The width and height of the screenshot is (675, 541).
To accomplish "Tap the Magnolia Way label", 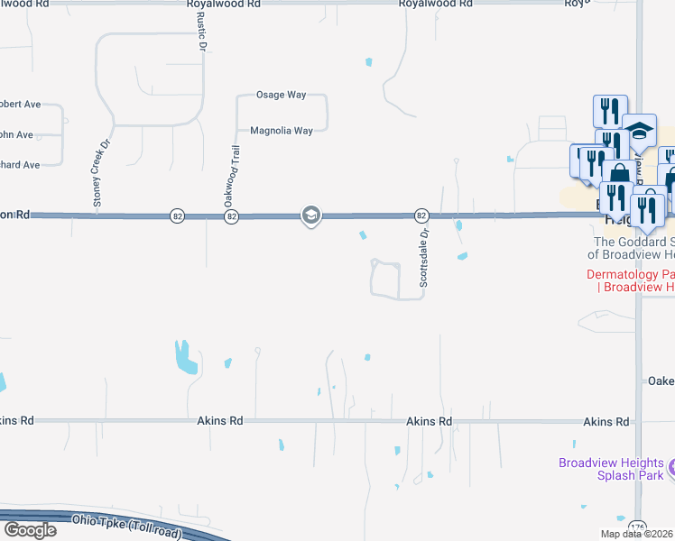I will point(281,131).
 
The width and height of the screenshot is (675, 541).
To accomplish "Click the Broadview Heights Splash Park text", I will point(611,469).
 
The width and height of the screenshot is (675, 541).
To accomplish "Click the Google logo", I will point(29,529).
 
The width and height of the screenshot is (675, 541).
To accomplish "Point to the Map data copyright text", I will point(636,534).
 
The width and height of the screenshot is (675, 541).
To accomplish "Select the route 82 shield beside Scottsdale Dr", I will point(421,215).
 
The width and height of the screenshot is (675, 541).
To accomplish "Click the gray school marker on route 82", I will point(310,215).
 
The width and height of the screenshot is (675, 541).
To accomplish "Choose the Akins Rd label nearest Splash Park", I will point(606,422).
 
